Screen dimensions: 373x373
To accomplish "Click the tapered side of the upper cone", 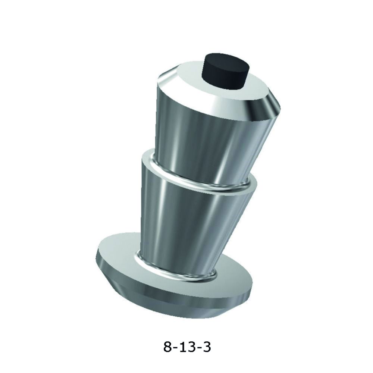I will (x=209, y=134).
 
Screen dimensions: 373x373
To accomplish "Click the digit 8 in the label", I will (x=168, y=347).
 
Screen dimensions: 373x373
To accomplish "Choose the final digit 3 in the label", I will (x=206, y=347).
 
